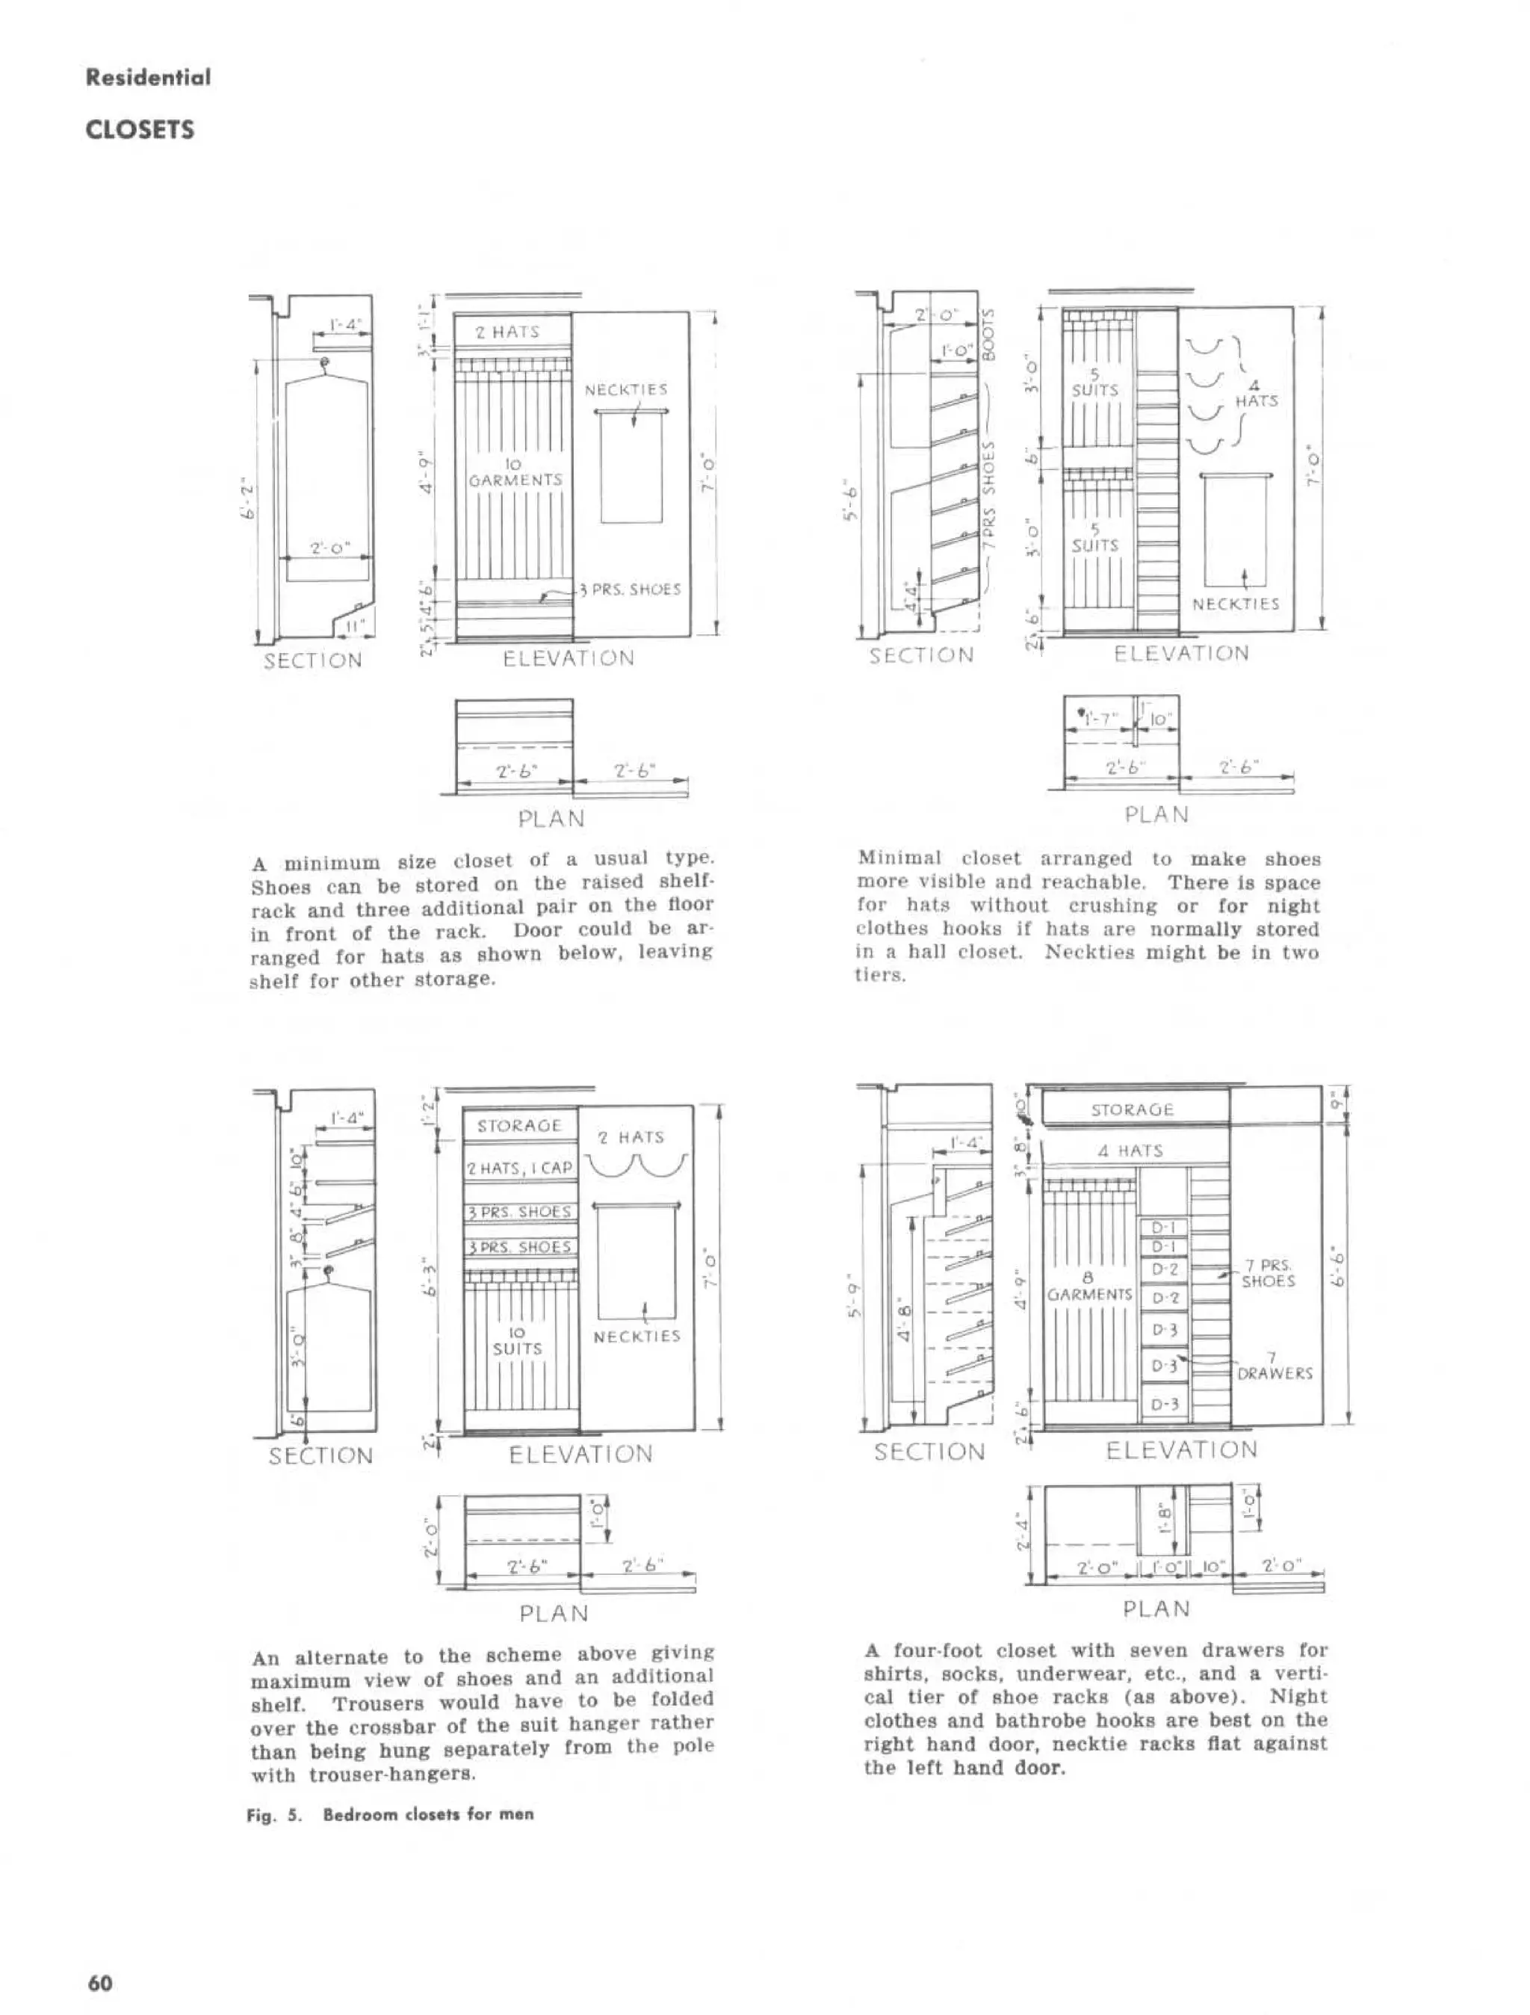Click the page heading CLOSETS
[140, 129]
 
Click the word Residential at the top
[147, 78]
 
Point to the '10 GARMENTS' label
[515, 472]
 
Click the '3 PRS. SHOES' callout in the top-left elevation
[636, 589]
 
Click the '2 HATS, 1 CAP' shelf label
[519, 1168]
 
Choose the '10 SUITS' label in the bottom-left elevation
[517, 1341]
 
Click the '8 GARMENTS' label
[1089, 1287]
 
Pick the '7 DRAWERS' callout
[1274, 1366]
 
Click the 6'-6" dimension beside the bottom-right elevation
[1338, 1266]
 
